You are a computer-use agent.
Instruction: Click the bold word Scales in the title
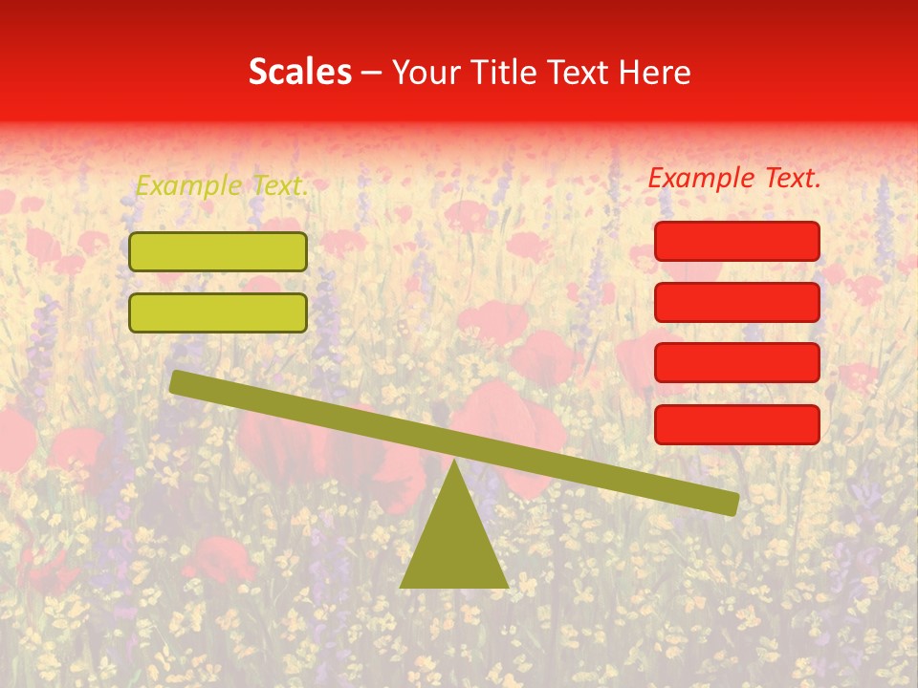299,73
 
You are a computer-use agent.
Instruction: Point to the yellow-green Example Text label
222,186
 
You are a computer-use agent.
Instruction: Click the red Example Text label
734,178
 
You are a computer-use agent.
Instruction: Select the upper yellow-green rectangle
218,252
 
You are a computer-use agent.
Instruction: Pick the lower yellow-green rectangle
218,312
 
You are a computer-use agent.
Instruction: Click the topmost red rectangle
737,241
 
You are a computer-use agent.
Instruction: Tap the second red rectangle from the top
737,302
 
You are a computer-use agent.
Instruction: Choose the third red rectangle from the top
737,363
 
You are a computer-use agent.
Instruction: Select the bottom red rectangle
737,424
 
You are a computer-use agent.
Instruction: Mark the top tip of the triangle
454,461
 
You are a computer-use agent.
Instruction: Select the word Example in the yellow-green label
187,186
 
